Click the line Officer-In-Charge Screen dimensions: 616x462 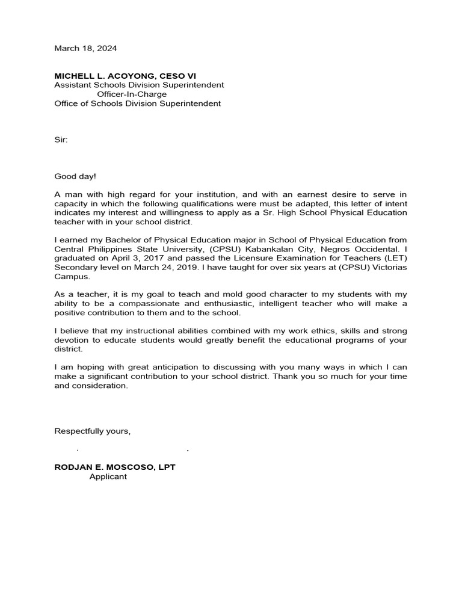coord(132,94)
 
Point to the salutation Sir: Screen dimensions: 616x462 coord(61,140)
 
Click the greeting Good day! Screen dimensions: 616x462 coord(75,176)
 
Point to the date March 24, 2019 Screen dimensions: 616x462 coord(157,267)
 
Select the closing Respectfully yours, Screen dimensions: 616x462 coord(93,431)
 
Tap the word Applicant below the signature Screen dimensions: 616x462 coord(108,476)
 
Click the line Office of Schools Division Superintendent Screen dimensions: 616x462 coord(137,103)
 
